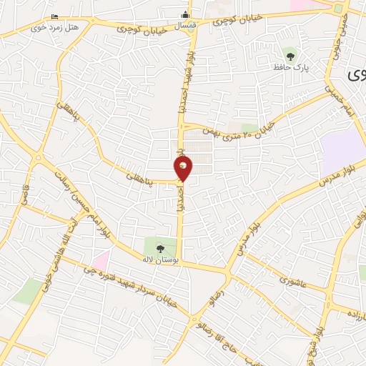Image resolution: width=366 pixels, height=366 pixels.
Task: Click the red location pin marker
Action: coord(184,169)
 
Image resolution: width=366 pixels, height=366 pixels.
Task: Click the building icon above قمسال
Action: coord(185,15)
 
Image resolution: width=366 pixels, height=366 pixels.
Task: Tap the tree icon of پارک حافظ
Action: coord(290,53)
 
